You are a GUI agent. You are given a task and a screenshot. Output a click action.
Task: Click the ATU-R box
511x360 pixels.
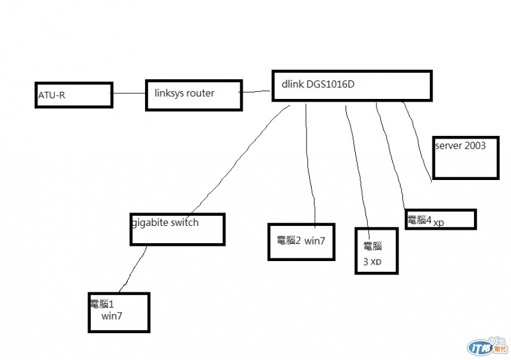click(x=73, y=95)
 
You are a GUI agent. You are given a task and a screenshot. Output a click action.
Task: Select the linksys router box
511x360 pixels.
click(x=194, y=95)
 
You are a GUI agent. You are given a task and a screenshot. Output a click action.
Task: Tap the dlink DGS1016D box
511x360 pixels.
click(x=351, y=86)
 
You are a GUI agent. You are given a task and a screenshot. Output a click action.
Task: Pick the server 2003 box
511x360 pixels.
click(x=466, y=158)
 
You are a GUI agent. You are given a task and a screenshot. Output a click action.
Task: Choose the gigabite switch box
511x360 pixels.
click(x=178, y=229)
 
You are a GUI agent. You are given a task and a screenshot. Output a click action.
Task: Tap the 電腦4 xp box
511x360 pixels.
click(x=440, y=219)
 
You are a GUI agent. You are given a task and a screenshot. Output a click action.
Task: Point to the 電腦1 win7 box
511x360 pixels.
click(x=119, y=312)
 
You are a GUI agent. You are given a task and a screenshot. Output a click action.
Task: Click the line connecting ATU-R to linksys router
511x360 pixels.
click(x=129, y=93)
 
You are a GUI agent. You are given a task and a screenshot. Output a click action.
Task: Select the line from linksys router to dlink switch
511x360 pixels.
click(x=257, y=92)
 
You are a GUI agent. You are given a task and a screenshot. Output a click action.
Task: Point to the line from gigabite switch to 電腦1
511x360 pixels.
click(x=133, y=269)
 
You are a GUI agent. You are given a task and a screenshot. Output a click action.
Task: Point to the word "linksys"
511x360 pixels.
click(x=169, y=93)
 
